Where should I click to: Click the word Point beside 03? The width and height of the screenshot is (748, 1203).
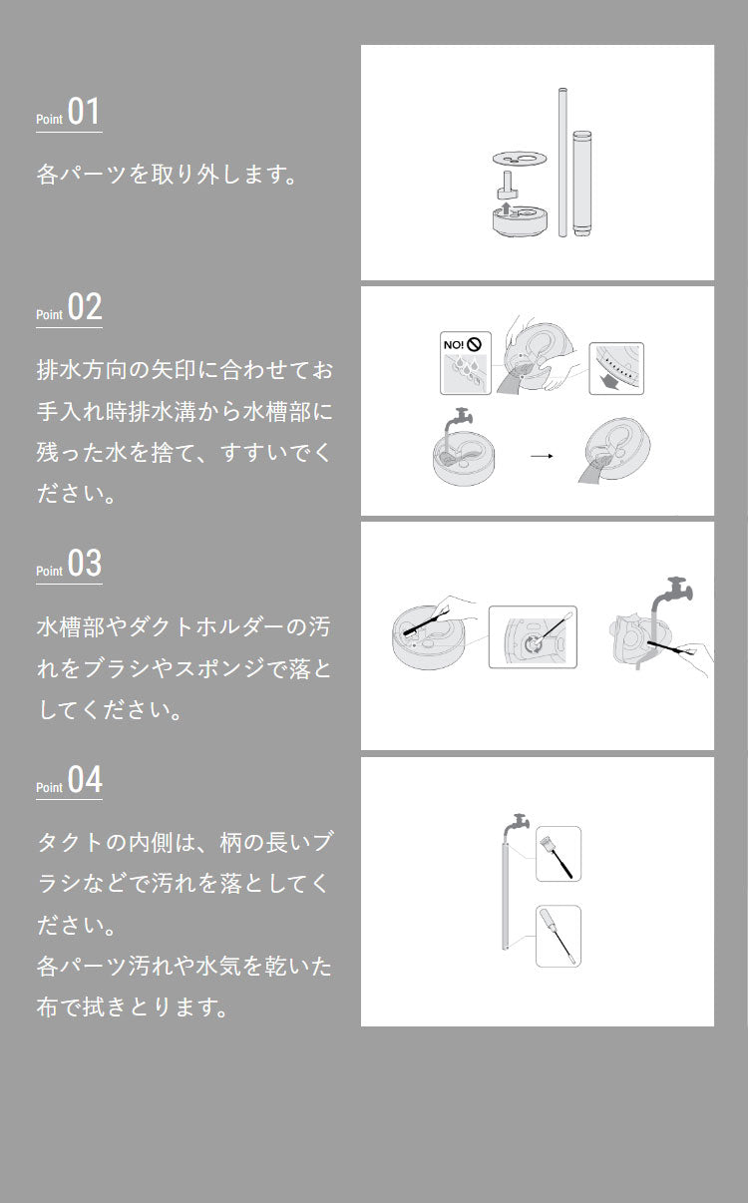coord(49,572)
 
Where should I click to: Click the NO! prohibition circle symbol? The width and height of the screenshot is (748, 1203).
coord(474,345)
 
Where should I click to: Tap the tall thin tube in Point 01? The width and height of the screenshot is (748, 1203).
coord(562,163)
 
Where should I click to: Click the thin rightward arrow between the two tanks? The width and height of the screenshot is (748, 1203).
coord(541,456)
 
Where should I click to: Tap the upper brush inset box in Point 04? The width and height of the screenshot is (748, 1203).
coord(559,854)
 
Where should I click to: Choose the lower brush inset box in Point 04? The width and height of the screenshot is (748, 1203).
coord(559,936)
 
